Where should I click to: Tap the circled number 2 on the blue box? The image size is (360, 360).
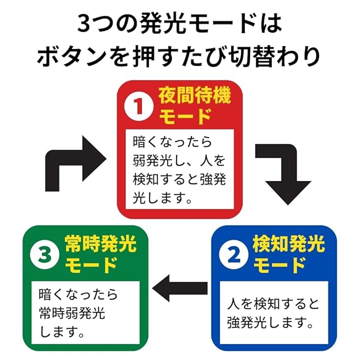pos(233,255)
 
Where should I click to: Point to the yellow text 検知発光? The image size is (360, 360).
pos(289,245)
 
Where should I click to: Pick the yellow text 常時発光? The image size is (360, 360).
pos(101,245)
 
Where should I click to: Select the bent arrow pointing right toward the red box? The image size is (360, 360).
pos(70,162)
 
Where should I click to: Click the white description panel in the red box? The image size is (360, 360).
pos(179,168)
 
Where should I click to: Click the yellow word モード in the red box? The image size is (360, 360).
pos(186,118)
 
